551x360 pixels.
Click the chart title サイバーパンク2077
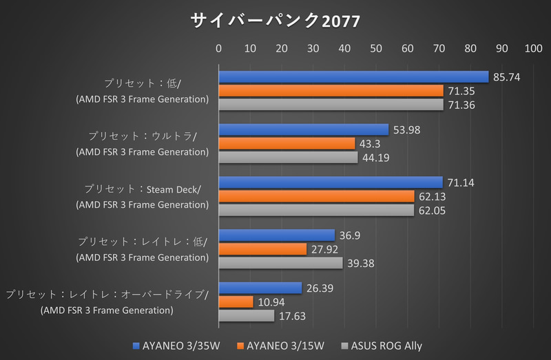275,21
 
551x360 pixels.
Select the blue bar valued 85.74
353,77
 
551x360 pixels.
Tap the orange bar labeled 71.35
331,91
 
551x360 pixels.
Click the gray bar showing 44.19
288,158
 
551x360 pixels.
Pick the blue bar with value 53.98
304,130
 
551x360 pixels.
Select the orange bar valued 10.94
236,302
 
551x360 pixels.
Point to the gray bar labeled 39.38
280,263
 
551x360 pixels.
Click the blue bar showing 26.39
260,288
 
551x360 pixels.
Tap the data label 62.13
433,197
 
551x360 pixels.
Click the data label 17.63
293,317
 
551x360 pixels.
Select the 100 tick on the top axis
533,49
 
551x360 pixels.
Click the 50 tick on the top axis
376,49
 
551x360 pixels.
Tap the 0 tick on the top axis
219,49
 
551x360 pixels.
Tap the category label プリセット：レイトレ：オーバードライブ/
107,295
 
